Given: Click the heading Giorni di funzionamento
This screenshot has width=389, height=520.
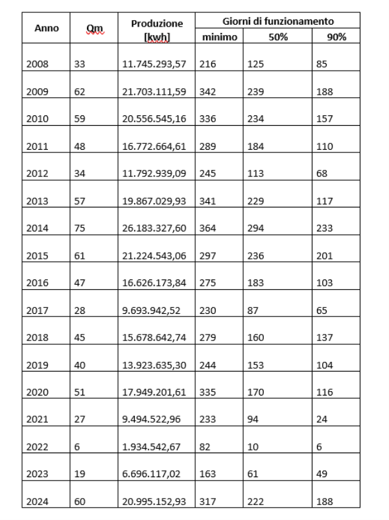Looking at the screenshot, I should (x=277, y=21).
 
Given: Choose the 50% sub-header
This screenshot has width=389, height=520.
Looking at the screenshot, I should (x=276, y=38).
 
